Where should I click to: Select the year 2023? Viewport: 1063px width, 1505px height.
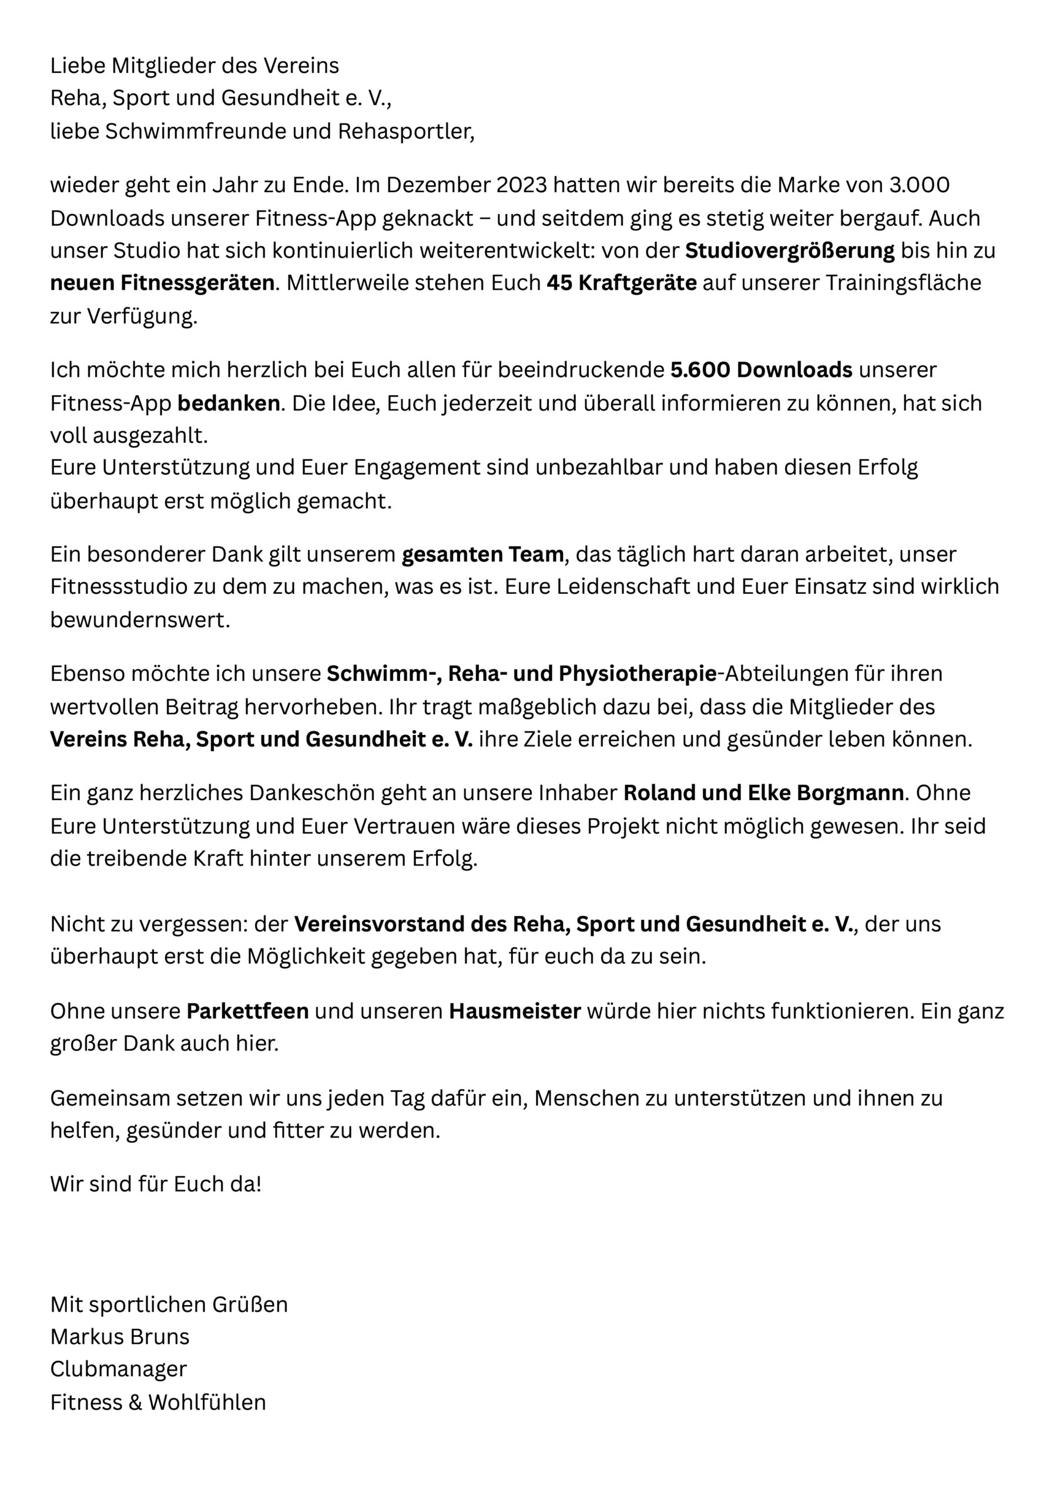(x=521, y=186)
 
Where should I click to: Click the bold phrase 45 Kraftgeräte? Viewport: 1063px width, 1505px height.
(x=621, y=283)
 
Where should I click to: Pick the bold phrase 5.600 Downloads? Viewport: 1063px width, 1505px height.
(x=761, y=370)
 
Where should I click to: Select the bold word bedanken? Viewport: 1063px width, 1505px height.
(x=229, y=403)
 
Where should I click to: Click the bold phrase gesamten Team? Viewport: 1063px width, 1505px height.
(x=482, y=554)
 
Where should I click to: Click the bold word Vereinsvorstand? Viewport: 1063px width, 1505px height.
(x=379, y=924)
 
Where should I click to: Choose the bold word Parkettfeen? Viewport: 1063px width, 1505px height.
(x=248, y=1011)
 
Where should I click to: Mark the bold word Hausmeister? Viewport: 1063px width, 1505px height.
(x=515, y=1011)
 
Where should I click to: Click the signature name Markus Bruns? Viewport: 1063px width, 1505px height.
(x=120, y=1336)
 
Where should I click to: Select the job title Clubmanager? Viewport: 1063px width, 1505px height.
(x=119, y=1369)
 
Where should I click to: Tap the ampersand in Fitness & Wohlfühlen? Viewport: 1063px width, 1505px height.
(x=135, y=1403)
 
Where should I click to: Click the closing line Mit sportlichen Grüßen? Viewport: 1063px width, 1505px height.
(x=169, y=1305)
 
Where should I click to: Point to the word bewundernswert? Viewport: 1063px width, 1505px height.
(x=140, y=620)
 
